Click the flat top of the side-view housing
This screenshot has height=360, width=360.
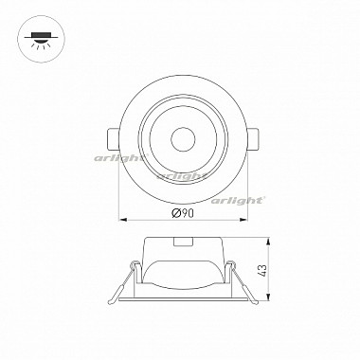[180, 238]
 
